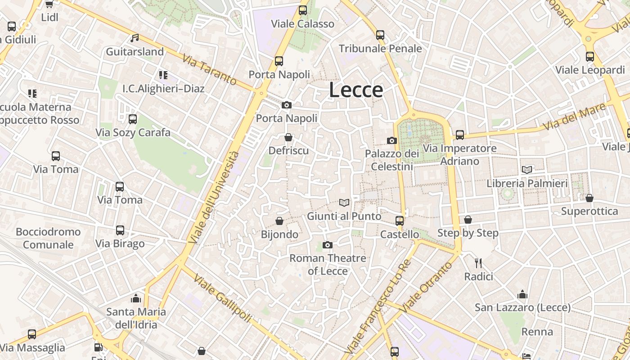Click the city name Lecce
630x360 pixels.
[356, 90]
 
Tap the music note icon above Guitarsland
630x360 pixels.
[135, 38]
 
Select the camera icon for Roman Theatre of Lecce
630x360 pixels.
[328, 245]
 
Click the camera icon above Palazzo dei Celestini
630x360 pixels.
[392, 140]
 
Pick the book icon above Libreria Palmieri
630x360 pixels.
[527, 170]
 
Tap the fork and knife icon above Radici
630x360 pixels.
[478, 263]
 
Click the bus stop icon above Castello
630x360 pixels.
[400, 220]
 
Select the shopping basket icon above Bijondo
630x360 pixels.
[279, 221]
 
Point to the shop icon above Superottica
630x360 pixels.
[589, 198]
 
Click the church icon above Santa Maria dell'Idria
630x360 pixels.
[136, 298]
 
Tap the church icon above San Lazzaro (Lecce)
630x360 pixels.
[522, 294]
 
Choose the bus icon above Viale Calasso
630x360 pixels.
[303, 10]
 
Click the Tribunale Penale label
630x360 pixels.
[380, 49]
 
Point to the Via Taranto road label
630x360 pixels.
[209, 70]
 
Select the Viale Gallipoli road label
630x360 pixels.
[222, 298]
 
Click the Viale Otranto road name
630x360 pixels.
[426, 287]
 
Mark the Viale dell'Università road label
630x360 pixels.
[215, 197]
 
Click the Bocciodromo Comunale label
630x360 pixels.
[48, 238]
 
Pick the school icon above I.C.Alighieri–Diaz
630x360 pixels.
[163, 75]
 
